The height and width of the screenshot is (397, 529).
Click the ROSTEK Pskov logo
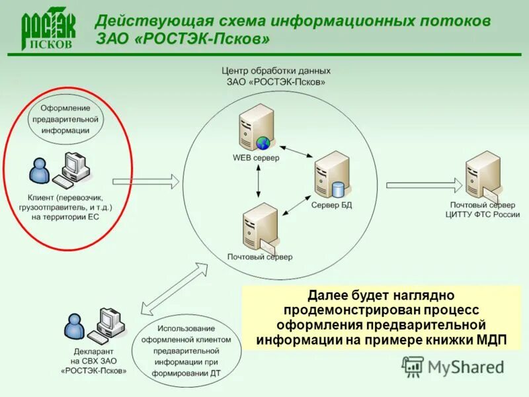pos(48,30)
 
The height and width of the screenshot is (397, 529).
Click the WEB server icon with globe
pos(257,128)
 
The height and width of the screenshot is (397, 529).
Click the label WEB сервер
pos(256,158)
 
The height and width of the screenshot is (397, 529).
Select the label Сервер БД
pos(331,205)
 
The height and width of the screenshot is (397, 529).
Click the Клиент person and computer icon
pos(60,169)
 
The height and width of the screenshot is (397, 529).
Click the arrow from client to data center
pos(145,180)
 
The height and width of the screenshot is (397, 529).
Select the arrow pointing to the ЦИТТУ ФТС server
pos(419,185)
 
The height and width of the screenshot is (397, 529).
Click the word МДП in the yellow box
pos(491,340)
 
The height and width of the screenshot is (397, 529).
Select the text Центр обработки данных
pos(276,70)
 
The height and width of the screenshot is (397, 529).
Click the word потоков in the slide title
pos(456,21)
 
